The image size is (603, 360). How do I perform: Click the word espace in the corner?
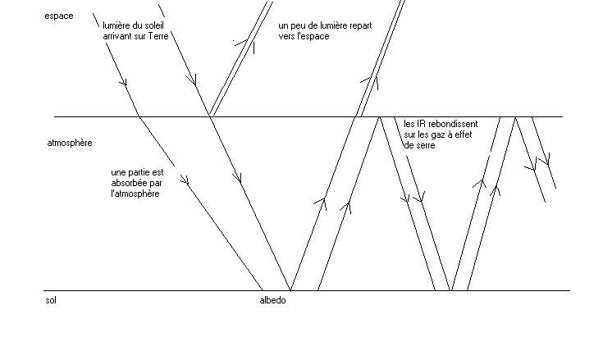(x=59, y=16)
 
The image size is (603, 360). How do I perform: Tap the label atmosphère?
(x=70, y=143)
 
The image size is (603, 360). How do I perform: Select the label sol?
(x=51, y=300)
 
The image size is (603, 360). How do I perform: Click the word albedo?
(x=272, y=300)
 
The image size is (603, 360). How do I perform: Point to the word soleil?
(x=153, y=25)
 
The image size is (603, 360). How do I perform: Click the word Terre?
(x=158, y=36)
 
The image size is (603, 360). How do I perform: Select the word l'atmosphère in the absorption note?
(x=135, y=194)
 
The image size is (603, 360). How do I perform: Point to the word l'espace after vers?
(x=314, y=37)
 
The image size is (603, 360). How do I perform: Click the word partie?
(x=141, y=172)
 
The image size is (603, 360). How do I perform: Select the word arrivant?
(x=116, y=36)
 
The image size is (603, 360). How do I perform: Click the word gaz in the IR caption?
(x=446, y=135)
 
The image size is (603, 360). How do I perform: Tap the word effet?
(x=465, y=134)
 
